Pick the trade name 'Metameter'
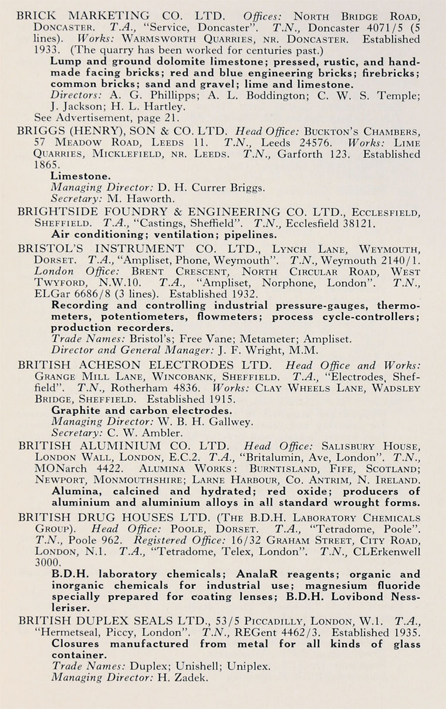pos(269,339)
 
